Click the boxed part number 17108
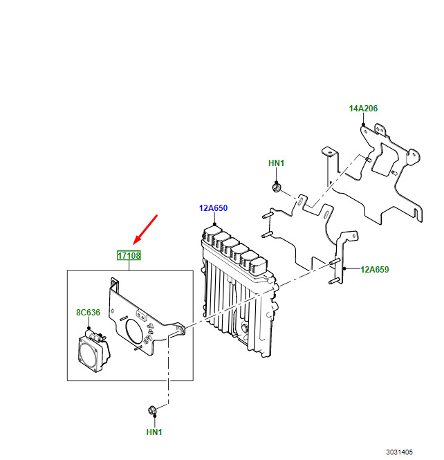click(x=129, y=255)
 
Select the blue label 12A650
click(x=213, y=208)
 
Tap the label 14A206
click(x=363, y=109)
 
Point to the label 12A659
click(x=375, y=270)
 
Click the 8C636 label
click(x=88, y=313)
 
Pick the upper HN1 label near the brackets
click(x=276, y=163)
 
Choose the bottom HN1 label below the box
click(x=154, y=432)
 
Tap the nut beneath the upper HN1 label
click(x=276, y=187)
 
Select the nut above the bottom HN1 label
click(x=153, y=410)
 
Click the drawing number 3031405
click(x=399, y=452)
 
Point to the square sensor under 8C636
click(x=93, y=351)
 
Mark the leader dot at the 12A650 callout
click(x=214, y=224)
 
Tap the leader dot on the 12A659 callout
click(x=344, y=268)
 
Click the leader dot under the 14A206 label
click(x=363, y=125)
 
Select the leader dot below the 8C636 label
click(x=89, y=329)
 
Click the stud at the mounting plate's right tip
click(x=181, y=330)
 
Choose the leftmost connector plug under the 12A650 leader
click(x=212, y=234)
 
